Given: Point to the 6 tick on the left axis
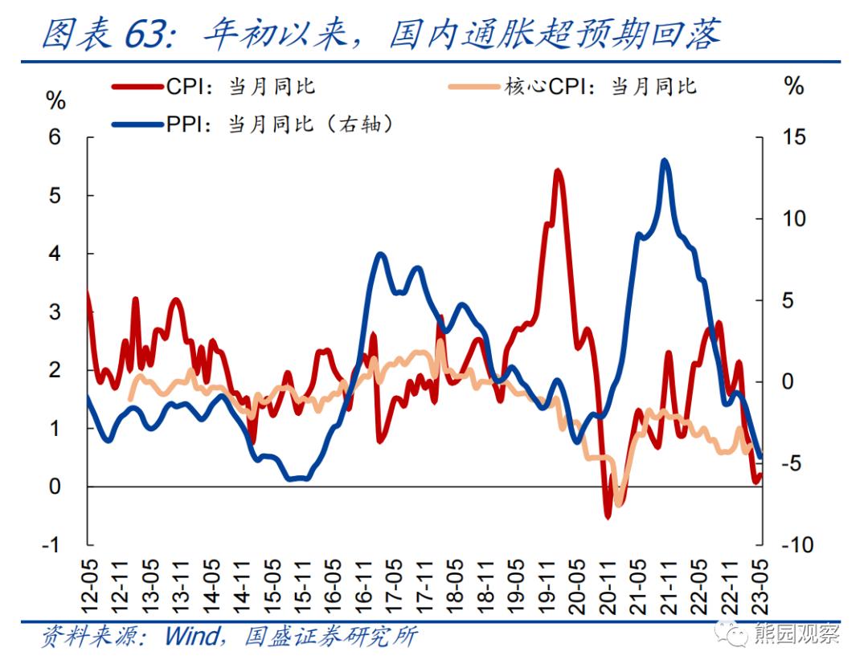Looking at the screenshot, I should (x=55, y=137).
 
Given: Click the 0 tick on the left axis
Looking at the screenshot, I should (x=55, y=487).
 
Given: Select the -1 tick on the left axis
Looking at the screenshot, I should (x=51, y=545).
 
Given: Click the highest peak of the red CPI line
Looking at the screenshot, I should (x=558, y=172).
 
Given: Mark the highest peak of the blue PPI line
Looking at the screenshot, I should (x=664, y=161).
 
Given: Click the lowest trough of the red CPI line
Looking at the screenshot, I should (x=608, y=515).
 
